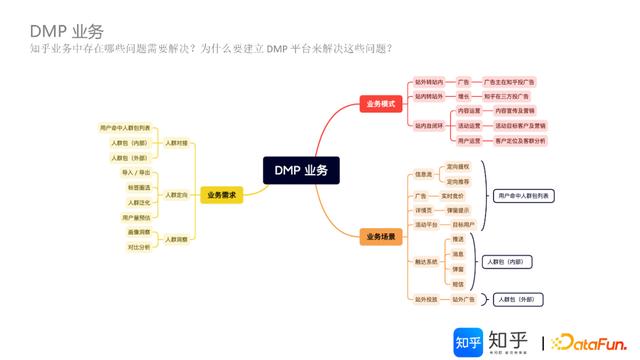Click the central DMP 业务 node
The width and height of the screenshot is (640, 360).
[300, 171]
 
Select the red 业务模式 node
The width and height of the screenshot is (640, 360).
[381, 103]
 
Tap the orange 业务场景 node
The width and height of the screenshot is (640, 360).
[381, 237]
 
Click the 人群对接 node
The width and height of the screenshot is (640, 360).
[176, 143]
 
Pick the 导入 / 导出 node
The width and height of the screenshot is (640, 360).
[136, 172]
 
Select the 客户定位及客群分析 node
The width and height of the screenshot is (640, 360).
[520, 140]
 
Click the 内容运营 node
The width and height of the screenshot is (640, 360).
[469, 111]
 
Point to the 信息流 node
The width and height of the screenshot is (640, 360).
[423, 174]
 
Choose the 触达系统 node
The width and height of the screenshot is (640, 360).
[426, 262]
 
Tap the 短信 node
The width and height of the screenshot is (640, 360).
[458, 284]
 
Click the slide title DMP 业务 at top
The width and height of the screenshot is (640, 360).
[66, 31]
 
